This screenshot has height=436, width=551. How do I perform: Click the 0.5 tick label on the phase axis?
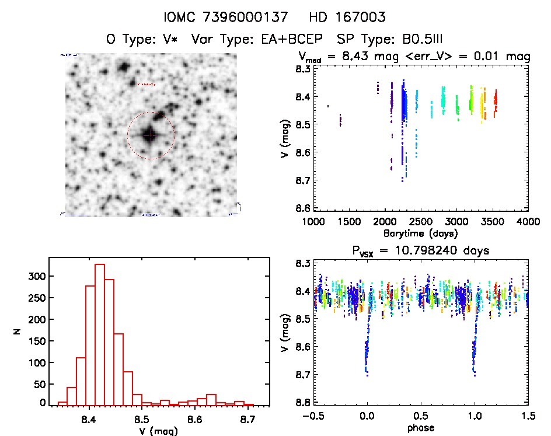tap(420, 418)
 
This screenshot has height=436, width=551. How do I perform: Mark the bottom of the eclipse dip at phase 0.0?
tap(367, 374)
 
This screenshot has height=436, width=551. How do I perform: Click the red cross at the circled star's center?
tap(151, 135)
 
